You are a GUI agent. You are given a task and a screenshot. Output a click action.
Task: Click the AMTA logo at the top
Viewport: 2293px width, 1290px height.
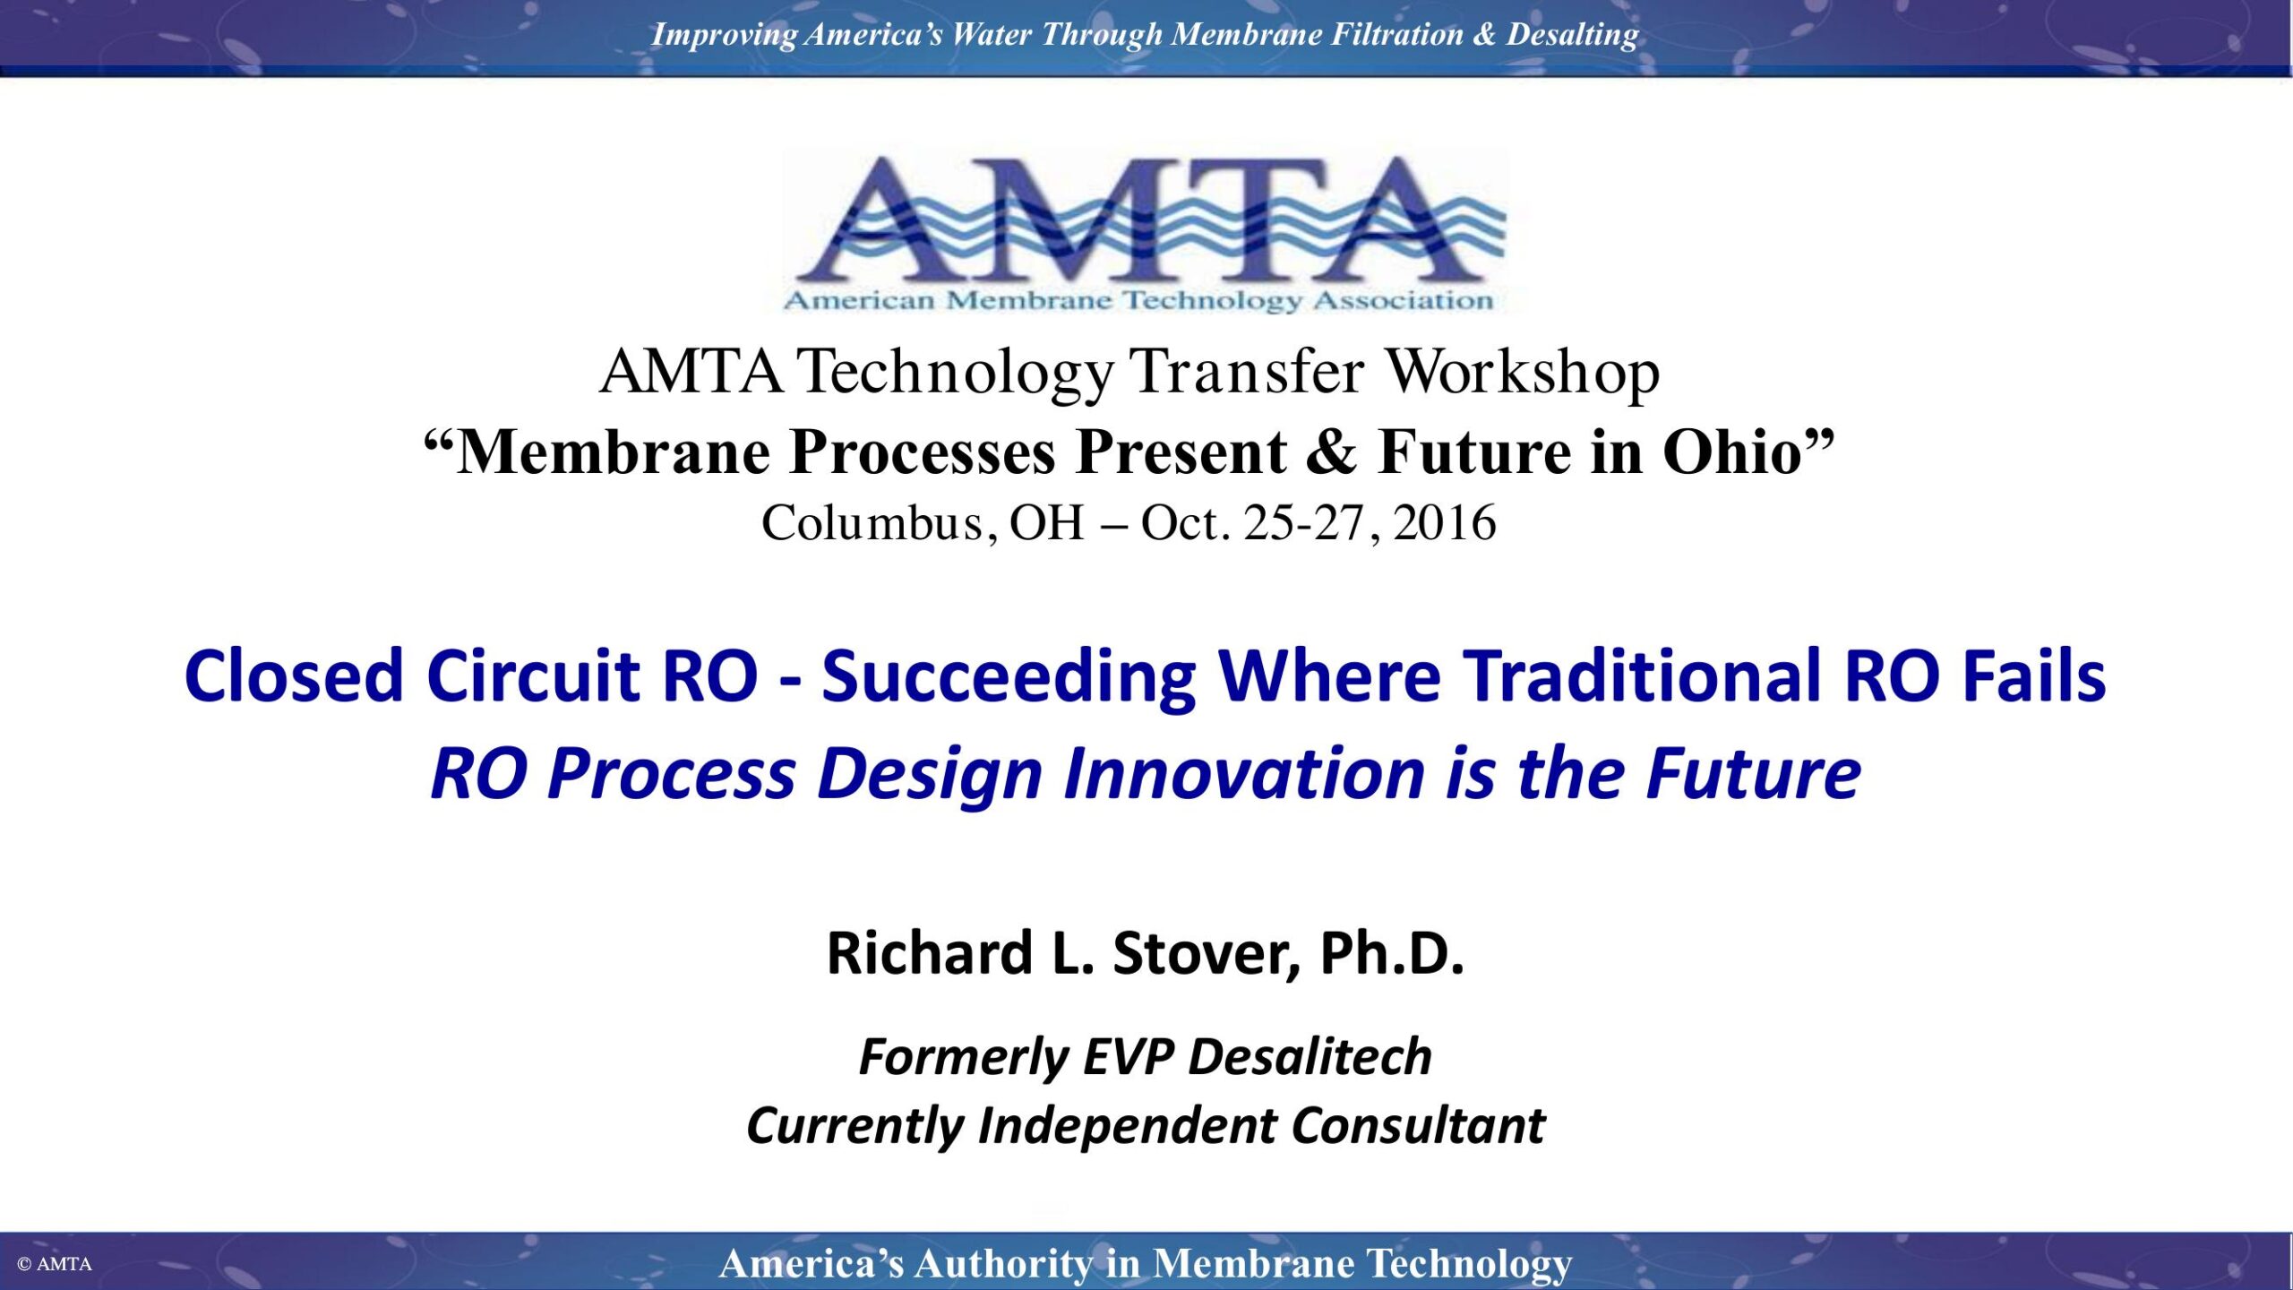[1146, 231]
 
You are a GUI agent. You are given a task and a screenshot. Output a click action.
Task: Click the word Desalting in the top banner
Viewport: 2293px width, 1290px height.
[1572, 35]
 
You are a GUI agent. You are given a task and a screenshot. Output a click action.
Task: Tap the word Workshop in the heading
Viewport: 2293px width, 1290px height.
[1523, 373]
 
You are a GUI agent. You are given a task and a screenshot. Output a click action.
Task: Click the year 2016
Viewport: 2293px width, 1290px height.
[1445, 522]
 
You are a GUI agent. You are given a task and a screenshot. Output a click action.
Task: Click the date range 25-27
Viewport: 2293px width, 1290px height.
[1303, 522]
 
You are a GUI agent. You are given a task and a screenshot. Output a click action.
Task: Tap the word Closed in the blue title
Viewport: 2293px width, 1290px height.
[293, 675]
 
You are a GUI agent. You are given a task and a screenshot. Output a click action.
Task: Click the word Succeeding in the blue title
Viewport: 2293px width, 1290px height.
[1009, 679]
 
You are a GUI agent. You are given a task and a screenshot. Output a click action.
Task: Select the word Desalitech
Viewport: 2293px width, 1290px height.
[1310, 1056]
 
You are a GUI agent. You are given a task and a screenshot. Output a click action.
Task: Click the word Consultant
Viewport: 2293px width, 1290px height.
[1419, 1125]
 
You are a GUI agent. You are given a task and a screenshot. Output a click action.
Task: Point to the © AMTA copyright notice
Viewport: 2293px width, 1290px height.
[55, 1264]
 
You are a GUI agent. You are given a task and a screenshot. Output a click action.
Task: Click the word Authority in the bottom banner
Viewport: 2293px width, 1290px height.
[1004, 1264]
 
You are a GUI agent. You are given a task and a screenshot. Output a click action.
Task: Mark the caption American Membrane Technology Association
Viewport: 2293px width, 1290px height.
[1138, 300]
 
